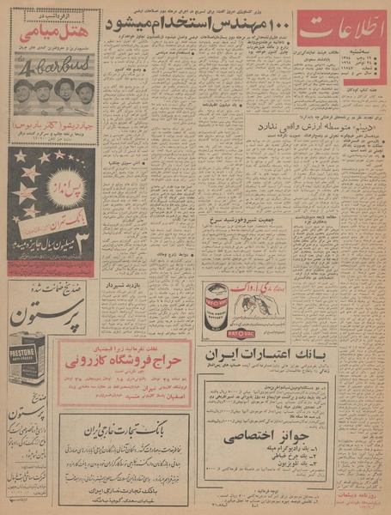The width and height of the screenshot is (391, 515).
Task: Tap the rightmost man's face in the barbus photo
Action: click(84, 90)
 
